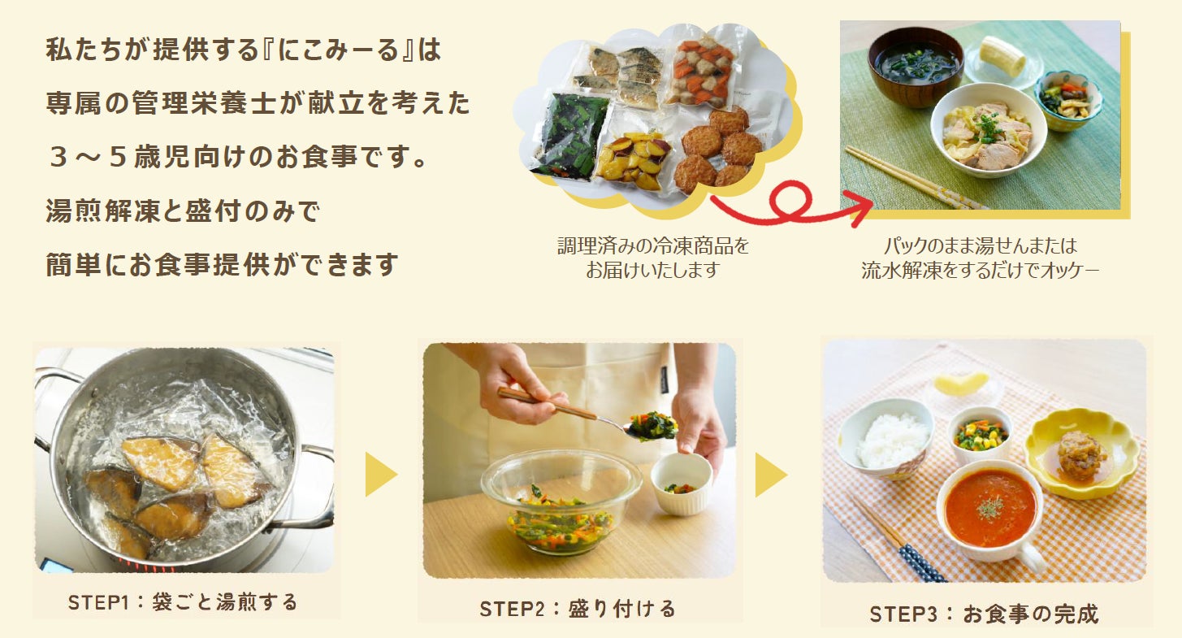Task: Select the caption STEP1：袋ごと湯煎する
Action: pyautogui.click(x=183, y=602)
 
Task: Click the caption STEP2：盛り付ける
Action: pyautogui.click(x=578, y=609)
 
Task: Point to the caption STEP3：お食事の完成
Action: pyautogui.click(x=984, y=614)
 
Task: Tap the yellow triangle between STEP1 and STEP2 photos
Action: pyautogui.click(x=380, y=474)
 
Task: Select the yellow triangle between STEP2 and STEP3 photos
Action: pyautogui.click(x=770, y=475)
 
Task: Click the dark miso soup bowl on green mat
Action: pyautogui.click(x=916, y=67)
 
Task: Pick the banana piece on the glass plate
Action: pyautogui.click(x=1002, y=55)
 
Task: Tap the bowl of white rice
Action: pyautogui.click(x=886, y=439)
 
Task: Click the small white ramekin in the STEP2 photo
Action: pyautogui.click(x=682, y=484)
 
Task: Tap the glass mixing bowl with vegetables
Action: pyautogui.click(x=561, y=501)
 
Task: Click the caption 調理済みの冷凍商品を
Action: pyautogui.click(x=653, y=246)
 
